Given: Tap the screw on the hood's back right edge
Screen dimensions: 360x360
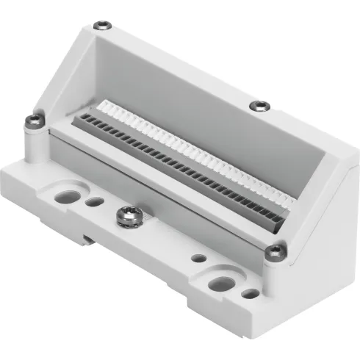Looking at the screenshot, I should pyautogui.click(x=258, y=106).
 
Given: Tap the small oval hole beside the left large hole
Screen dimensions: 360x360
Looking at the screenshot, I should pyautogui.click(x=93, y=201).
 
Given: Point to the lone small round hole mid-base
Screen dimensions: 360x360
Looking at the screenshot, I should pyautogui.click(x=198, y=259).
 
